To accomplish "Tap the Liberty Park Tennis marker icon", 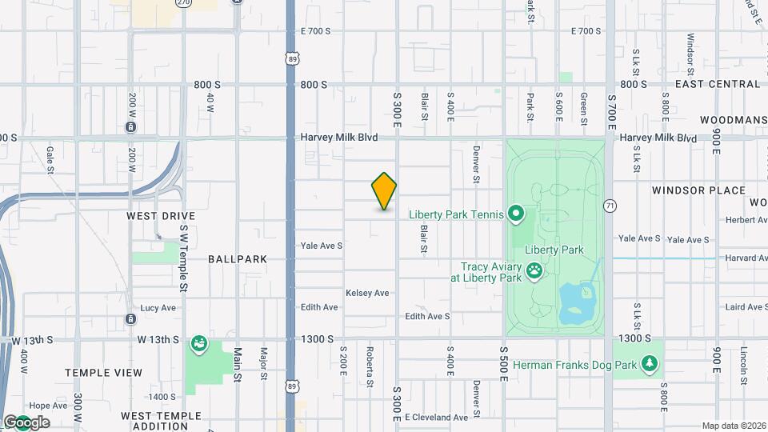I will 516,214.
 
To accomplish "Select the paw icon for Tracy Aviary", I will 534,273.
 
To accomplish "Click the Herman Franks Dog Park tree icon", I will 652,365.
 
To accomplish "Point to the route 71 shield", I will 610,206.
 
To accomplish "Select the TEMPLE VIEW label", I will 103,373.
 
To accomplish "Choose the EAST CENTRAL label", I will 718,84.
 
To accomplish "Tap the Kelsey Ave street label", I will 367,294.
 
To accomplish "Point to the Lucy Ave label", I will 158,308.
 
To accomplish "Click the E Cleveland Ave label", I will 436,418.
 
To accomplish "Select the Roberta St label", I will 370,366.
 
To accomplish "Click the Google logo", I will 26,422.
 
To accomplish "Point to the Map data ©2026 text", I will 734,426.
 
